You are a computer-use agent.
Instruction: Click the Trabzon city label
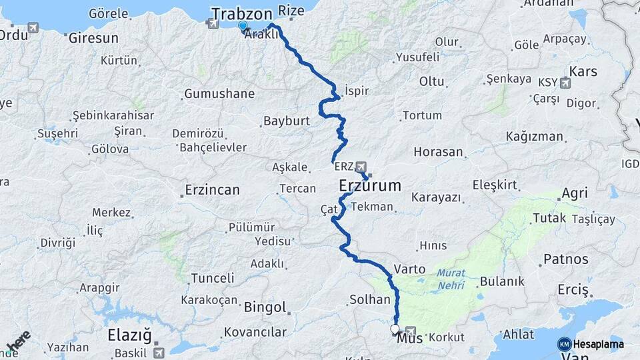pos(241,13)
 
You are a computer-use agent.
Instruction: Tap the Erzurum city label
pos(370,185)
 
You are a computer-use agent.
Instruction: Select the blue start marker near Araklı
pos(243,27)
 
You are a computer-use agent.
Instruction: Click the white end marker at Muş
pos(395,329)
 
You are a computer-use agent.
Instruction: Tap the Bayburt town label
pos(287,121)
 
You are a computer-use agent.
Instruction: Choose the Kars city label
pos(583,71)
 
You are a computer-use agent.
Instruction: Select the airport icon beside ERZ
pos(361,166)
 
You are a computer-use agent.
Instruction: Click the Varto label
pos(410,269)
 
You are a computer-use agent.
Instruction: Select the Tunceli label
pos(213,278)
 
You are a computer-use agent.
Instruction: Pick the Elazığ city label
pos(130,335)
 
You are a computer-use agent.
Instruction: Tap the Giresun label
pos(93,37)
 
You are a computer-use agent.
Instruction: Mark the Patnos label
pos(566,259)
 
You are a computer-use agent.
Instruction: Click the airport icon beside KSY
pos(566,83)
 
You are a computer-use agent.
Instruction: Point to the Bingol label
pos(265,308)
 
